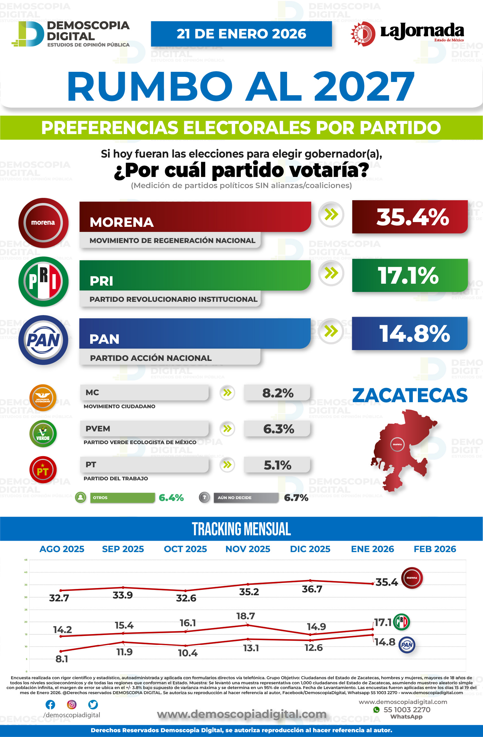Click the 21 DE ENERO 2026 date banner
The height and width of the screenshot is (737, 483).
coord(241,34)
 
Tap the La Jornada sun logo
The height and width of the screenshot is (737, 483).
coord(363,34)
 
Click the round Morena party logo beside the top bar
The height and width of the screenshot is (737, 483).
coord(43,223)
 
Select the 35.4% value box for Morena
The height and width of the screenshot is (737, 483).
coord(410,217)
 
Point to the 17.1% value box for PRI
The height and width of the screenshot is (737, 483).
coord(410,275)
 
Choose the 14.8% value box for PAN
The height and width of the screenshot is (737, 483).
coord(410,334)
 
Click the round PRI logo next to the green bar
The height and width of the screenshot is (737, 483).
coord(43,281)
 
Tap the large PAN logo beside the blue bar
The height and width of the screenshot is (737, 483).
coord(43,340)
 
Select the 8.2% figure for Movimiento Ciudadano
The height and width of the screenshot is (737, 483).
coord(277,393)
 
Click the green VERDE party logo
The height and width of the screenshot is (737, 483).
coord(43,434)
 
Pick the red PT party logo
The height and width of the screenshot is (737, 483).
coord(43,470)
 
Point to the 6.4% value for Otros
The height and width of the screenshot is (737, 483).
coord(171,498)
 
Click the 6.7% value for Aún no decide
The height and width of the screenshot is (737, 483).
coord(296,498)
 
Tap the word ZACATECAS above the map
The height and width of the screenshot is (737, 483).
coord(410,396)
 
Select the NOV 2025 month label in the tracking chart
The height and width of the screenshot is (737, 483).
coord(248,549)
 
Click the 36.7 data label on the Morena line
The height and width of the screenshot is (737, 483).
coord(312,589)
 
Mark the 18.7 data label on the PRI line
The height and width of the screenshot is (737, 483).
coord(245,616)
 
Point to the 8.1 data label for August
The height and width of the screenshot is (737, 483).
coord(62,659)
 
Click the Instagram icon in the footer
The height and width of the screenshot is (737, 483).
coord(72,705)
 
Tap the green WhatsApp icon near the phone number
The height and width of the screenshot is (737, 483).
coord(377,710)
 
